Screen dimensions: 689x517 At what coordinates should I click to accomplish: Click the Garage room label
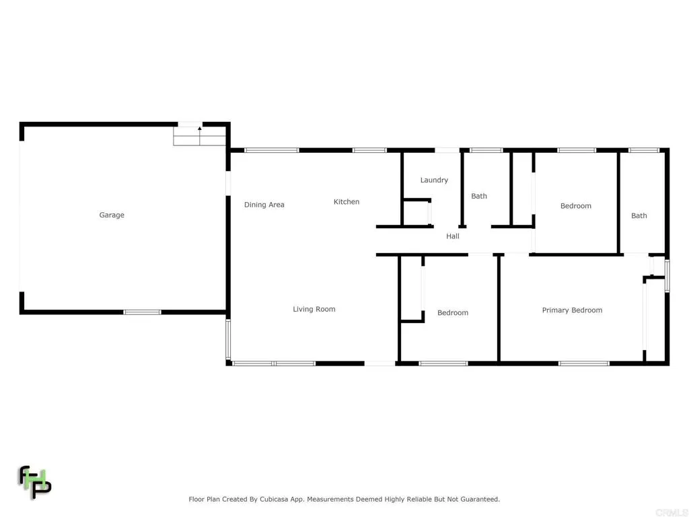click(112, 215)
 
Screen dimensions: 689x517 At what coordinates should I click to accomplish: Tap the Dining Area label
click(264, 205)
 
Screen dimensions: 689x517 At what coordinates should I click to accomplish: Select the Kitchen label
click(347, 202)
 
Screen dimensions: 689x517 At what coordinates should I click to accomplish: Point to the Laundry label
click(434, 180)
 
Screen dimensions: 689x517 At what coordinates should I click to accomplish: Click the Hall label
click(453, 236)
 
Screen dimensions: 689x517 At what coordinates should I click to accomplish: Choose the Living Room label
click(314, 310)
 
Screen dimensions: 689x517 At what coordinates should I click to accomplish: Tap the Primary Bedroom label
click(572, 310)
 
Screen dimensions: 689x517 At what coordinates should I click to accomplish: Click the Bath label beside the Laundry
click(479, 196)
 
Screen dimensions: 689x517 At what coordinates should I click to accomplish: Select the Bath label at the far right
click(639, 216)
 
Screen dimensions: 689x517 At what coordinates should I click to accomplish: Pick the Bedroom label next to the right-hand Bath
click(576, 206)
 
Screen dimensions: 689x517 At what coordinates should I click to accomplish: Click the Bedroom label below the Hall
click(453, 313)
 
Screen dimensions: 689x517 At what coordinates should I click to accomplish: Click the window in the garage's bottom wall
click(142, 312)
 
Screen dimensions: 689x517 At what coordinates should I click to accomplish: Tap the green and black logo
click(35, 482)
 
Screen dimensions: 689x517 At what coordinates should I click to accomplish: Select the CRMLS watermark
click(672, 512)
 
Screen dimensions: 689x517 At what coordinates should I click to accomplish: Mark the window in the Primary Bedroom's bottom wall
click(584, 364)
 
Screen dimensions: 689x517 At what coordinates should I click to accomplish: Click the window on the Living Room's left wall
click(228, 339)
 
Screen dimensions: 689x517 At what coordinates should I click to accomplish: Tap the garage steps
click(199, 136)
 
